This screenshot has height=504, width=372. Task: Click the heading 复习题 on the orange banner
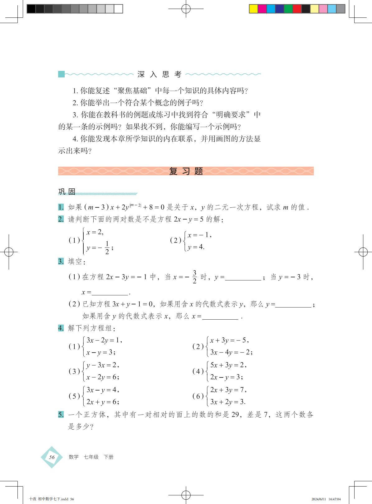186,171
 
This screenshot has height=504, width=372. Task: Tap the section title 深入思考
160,74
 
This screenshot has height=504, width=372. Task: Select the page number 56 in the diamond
52,457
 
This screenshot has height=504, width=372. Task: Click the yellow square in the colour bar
253,9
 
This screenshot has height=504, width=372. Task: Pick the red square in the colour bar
297,9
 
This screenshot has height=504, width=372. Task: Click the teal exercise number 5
61,414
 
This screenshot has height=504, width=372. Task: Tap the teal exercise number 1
61,207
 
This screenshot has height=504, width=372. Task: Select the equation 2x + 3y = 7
227,390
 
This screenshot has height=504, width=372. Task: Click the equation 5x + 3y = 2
227,365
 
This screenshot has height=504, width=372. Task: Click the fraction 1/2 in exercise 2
107,247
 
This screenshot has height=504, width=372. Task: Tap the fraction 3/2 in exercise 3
195,277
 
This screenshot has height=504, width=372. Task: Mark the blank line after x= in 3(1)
110,293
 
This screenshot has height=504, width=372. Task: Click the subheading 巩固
67,192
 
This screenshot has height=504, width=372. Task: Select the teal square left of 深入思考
61,74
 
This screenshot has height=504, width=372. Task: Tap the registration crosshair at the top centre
186,9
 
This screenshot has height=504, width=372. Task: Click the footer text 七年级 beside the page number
91,457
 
